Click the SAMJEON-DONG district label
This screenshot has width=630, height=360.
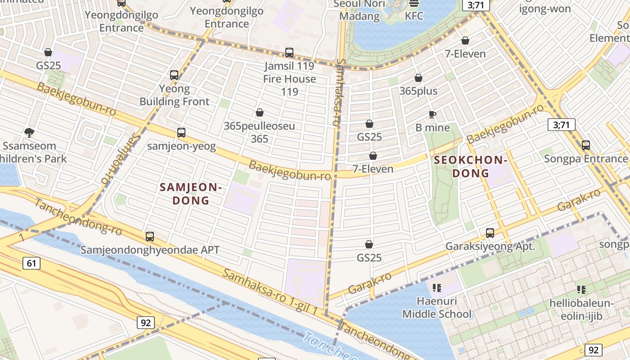[191, 193]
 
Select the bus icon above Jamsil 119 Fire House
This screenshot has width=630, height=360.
[289, 53]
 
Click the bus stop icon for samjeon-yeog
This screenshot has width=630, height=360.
[181, 133]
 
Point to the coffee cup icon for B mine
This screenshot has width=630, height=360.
[432, 114]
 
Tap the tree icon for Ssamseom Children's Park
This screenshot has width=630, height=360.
[29, 132]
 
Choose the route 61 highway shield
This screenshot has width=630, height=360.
[31, 263]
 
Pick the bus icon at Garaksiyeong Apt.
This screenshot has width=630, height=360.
[490, 233]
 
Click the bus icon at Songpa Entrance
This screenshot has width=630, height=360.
[586, 145]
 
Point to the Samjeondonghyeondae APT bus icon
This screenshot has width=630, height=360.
[150, 237]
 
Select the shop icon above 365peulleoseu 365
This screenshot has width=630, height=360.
[260, 112]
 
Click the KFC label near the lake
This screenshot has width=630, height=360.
[414, 16]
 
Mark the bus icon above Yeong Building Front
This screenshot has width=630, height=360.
[174, 75]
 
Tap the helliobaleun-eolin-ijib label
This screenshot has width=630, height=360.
[581, 310]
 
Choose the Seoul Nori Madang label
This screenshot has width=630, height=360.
[360, 10]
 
